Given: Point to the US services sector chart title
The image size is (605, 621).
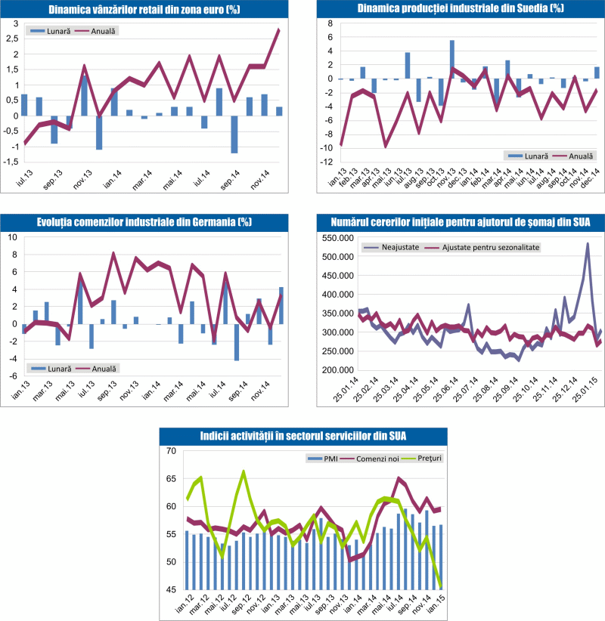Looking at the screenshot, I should (302, 436).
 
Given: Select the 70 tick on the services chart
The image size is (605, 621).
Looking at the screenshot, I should (170, 451).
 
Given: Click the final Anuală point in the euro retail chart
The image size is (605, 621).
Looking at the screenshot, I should (279, 29).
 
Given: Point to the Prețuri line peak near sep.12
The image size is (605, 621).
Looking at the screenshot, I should (244, 471).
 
